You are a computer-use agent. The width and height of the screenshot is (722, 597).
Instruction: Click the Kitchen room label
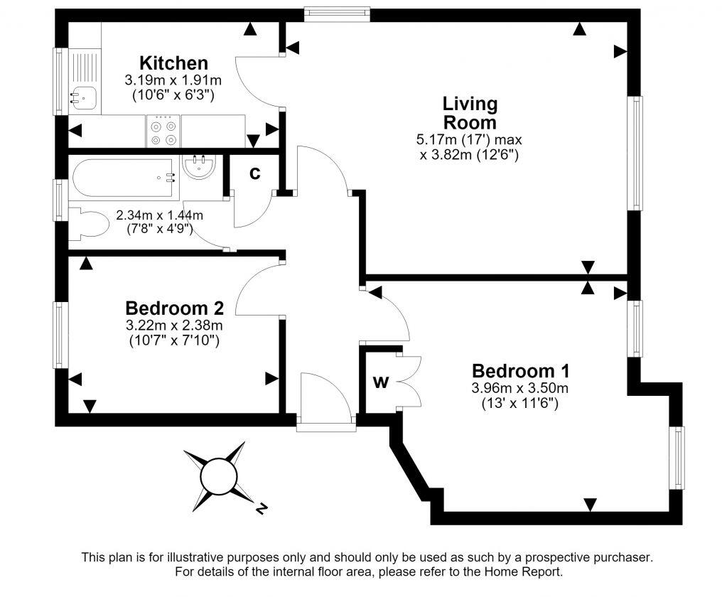173,63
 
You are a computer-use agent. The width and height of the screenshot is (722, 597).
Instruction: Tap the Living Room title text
470,113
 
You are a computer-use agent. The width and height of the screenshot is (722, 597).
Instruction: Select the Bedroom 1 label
521,371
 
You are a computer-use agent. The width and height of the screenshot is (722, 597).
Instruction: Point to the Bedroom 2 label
175,308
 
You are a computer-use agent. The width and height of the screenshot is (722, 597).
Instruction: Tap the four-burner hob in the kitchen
164,131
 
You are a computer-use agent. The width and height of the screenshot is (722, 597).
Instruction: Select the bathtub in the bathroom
124,178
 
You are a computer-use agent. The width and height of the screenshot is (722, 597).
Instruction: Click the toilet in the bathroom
88,224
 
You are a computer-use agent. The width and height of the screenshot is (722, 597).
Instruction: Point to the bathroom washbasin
199,167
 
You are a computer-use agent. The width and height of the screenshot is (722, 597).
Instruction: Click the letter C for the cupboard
254,173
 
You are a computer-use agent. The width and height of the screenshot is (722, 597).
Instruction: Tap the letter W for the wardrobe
381,382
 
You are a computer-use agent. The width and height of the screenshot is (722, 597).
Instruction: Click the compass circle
219,477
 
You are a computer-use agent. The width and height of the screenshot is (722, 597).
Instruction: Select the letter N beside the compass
261,509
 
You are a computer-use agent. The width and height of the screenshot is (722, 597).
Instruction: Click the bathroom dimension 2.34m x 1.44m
159,215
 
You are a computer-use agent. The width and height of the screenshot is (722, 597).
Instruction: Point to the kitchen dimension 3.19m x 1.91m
173,80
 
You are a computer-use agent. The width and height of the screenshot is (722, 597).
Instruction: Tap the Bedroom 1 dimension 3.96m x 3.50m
520,388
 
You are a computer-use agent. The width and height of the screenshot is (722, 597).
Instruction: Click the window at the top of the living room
337,14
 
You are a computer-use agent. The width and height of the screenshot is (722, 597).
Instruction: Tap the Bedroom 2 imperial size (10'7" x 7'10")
173,341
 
